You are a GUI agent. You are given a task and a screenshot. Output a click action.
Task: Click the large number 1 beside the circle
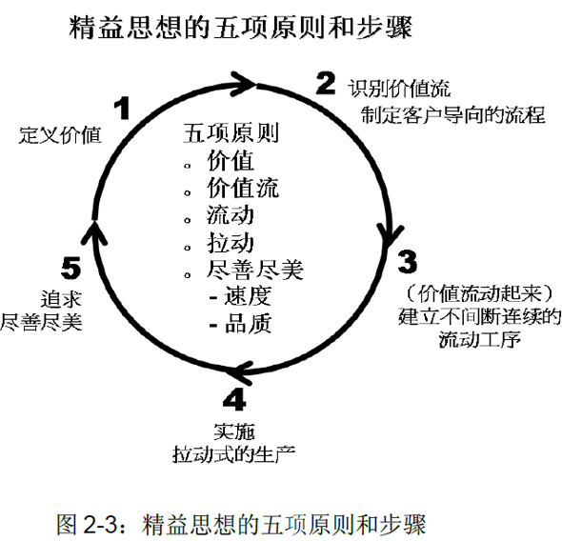pyautogui.click(x=123, y=108)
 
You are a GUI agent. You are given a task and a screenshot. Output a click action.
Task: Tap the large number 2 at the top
pyautogui.click(x=326, y=83)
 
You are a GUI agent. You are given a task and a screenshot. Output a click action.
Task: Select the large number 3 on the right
pyautogui.click(x=407, y=262)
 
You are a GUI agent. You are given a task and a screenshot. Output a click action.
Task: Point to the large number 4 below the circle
pyautogui.click(x=234, y=399)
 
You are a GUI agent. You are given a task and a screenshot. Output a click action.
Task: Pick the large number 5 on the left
pyautogui.click(x=70, y=268)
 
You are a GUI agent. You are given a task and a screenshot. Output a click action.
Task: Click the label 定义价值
pyautogui.click(x=60, y=135)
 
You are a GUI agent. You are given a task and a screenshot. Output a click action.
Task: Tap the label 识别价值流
pyautogui.click(x=399, y=89)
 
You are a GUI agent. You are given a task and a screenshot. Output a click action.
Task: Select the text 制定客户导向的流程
pyautogui.click(x=453, y=114)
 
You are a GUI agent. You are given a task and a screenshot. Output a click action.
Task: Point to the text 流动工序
pyautogui.click(x=480, y=338)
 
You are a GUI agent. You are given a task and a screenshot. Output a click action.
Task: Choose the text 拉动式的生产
pyautogui.click(x=234, y=454)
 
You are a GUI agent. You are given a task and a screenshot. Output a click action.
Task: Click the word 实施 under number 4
pyautogui.click(x=234, y=431)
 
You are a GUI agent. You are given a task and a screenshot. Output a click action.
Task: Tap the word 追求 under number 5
pyautogui.click(x=61, y=299)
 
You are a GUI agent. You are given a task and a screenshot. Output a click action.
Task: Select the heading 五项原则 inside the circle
pyautogui.click(x=231, y=133)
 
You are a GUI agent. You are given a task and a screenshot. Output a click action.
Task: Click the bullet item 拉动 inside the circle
pyautogui.click(x=231, y=243)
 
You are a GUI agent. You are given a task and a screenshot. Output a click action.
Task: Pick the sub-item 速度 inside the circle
pyautogui.click(x=248, y=296)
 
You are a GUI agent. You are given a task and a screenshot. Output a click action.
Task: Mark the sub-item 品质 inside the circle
pyautogui.click(x=248, y=324)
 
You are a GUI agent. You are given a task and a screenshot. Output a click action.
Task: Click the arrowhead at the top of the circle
pyautogui.click(x=244, y=84)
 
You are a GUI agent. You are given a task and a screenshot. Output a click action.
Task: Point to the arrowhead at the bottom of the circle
pyautogui.click(x=241, y=372)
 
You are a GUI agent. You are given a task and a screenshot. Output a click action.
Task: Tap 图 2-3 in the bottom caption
pyautogui.click(x=87, y=524)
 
